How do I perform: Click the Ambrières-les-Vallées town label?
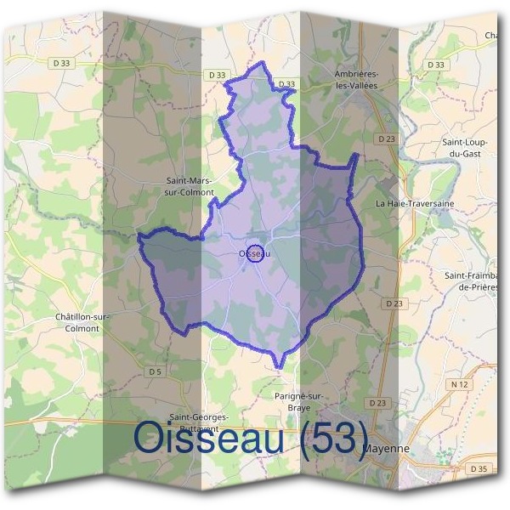click(x=355, y=79)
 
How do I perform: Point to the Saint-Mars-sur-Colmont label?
click(x=190, y=185)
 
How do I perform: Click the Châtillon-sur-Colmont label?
click(x=82, y=322)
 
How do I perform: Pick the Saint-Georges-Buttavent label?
click(x=198, y=422)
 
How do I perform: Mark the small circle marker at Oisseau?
click(x=253, y=252)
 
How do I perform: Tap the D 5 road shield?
click(x=154, y=371)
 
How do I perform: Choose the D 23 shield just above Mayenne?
click(x=378, y=401)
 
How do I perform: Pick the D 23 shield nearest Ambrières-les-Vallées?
click(x=386, y=139)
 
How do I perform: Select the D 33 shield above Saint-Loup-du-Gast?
click(x=436, y=65)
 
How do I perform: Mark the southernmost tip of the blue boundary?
click(x=277, y=368)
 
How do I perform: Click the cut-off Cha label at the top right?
click(x=492, y=35)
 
